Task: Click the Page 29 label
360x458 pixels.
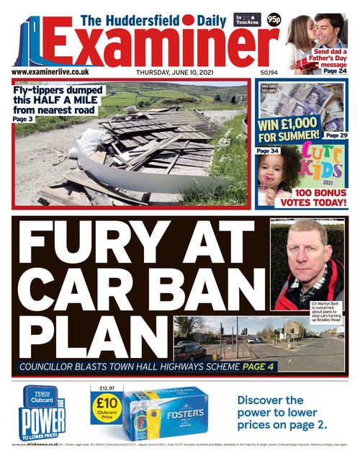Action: click(336, 135)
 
